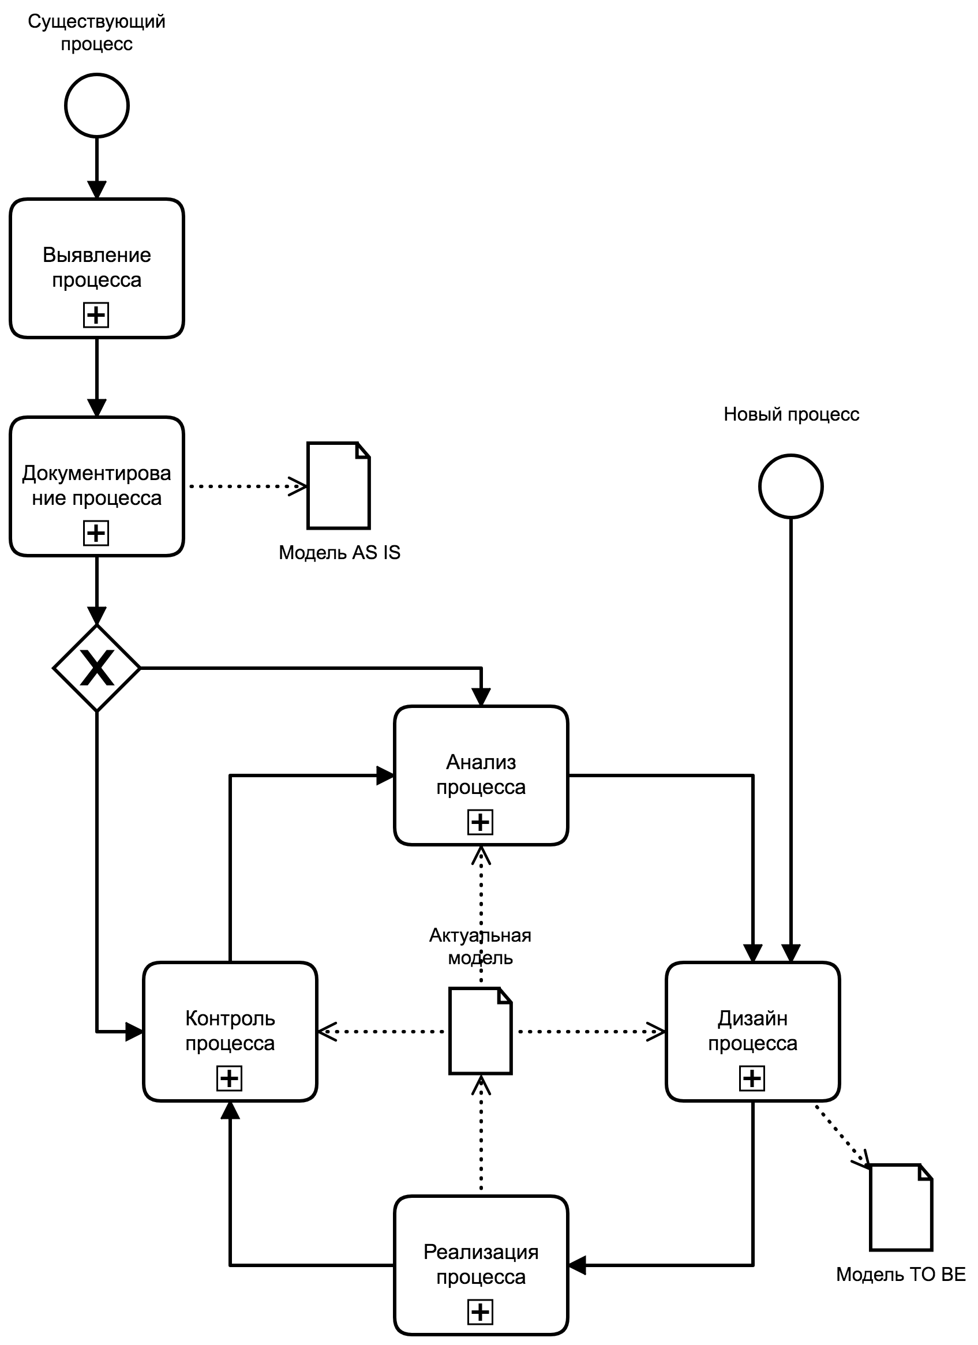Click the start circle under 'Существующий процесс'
(x=97, y=106)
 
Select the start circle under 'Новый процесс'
(x=790, y=486)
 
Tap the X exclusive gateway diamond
(x=97, y=668)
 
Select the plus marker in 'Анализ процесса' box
(x=480, y=822)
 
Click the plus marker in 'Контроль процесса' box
(x=230, y=1078)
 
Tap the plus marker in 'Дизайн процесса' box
(x=752, y=1078)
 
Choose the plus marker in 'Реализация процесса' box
(x=480, y=1312)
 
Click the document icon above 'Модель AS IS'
(x=339, y=486)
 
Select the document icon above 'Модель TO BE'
(x=901, y=1207)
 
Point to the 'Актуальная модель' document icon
(x=481, y=1031)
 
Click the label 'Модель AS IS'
(x=339, y=553)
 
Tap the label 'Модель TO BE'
(x=900, y=1275)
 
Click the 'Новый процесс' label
(x=791, y=414)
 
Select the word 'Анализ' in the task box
(x=481, y=762)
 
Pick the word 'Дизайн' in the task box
(x=752, y=1018)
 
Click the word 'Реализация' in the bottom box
(x=481, y=1252)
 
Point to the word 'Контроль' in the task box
(x=230, y=1018)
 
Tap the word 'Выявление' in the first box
(x=97, y=255)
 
